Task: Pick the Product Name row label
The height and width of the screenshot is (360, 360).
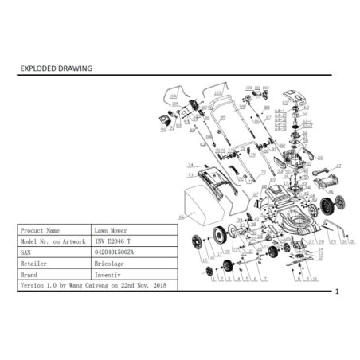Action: click(40, 229)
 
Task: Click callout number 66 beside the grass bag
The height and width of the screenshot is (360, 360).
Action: click(182, 216)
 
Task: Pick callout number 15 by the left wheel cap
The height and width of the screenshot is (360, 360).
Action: click(205, 260)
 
